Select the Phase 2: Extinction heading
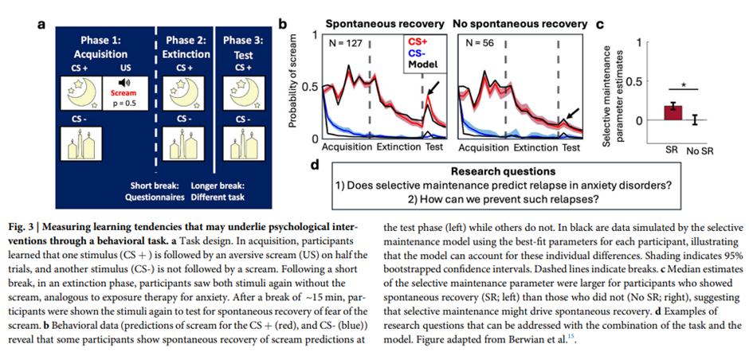point(186,47)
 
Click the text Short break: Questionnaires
point(158,191)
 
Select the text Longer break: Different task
point(218,191)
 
